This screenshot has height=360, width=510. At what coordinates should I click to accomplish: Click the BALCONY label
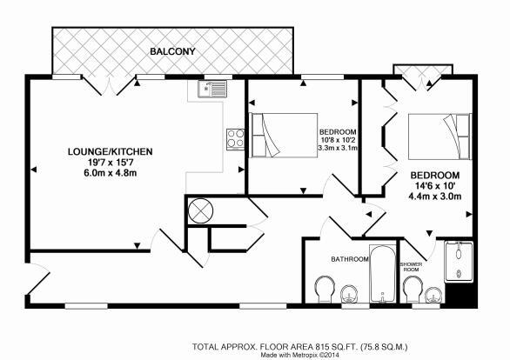[x=172, y=51]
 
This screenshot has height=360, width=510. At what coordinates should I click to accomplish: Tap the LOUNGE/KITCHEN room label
[x=110, y=151]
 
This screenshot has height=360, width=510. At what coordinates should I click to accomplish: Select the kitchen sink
[x=212, y=89]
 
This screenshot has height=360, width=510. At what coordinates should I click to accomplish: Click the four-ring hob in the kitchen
[x=236, y=139]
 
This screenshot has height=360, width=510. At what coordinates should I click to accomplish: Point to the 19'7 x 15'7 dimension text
[x=110, y=162]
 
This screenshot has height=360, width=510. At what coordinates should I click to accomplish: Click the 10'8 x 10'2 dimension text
[x=338, y=140]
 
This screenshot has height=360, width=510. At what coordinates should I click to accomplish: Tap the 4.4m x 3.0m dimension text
[x=435, y=197]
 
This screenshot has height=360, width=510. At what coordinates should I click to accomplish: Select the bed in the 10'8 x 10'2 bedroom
[x=283, y=135]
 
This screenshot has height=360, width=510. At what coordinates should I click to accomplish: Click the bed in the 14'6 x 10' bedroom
[x=440, y=137]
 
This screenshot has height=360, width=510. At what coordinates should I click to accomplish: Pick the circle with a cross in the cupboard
[x=200, y=210]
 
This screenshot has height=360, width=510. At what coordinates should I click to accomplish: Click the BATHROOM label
[x=350, y=259]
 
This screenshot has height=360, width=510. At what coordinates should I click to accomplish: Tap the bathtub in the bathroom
[x=383, y=274]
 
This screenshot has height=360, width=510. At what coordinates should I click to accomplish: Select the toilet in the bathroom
[x=325, y=290]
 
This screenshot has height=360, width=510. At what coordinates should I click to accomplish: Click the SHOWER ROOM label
[x=413, y=267]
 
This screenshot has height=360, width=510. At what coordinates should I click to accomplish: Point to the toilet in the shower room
[x=413, y=290]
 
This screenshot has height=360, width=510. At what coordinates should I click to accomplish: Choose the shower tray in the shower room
[x=459, y=262]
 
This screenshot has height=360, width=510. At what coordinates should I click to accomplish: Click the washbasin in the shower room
[x=433, y=295]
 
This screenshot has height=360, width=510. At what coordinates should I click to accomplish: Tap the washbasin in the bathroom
[x=349, y=294]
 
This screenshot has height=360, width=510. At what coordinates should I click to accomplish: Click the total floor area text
[x=300, y=347]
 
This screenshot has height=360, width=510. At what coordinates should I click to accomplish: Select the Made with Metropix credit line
[x=300, y=355]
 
